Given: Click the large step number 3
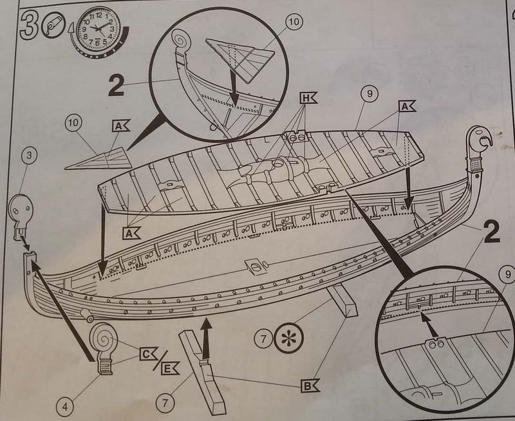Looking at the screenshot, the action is (x=29, y=25).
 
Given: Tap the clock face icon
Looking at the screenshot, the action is (x=98, y=30).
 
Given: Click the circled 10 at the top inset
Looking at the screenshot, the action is (x=294, y=21).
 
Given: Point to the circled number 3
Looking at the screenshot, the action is (x=29, y=154).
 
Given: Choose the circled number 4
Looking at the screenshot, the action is (x=65, y=407).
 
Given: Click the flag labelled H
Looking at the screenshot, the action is (x=308, y=98).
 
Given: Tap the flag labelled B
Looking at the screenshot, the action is (x=310, y=386).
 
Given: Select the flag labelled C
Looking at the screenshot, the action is (x=149, y=354).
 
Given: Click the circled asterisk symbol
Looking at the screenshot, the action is (x=289, y=338).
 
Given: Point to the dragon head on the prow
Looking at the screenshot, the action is (x=479, y=140).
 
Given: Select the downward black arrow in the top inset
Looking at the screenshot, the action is (x=234, y=87).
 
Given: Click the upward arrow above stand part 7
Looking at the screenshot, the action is (x=206, y=337).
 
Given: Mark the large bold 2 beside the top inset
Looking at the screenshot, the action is (x=116, y=85).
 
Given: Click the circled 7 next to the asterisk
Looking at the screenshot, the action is (x=263, y=339).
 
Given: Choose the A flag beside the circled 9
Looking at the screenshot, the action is (x=407, y=106).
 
